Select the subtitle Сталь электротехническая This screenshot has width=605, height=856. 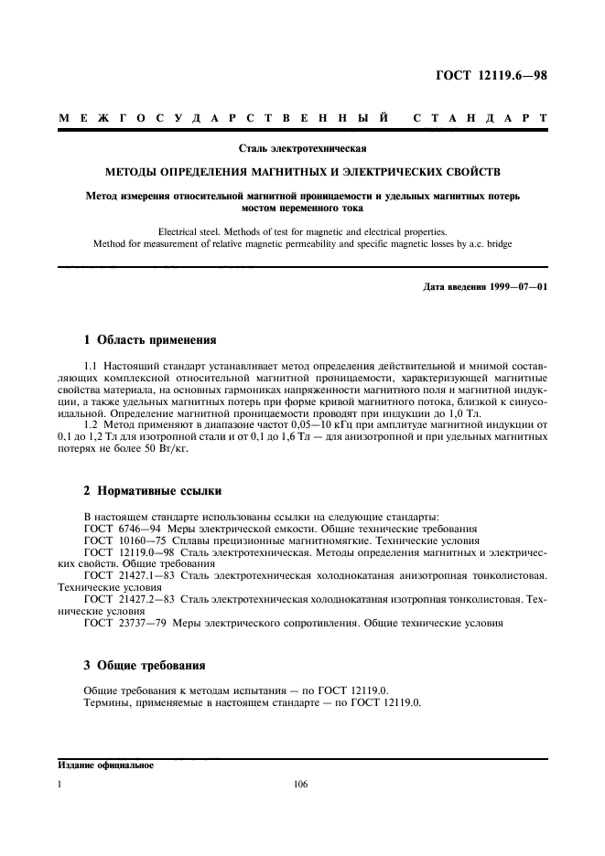(302, 146)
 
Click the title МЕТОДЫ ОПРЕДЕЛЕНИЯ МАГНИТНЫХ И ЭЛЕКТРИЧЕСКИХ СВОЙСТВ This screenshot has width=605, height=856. (302, 171)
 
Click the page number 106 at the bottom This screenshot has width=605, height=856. (302, 784)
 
